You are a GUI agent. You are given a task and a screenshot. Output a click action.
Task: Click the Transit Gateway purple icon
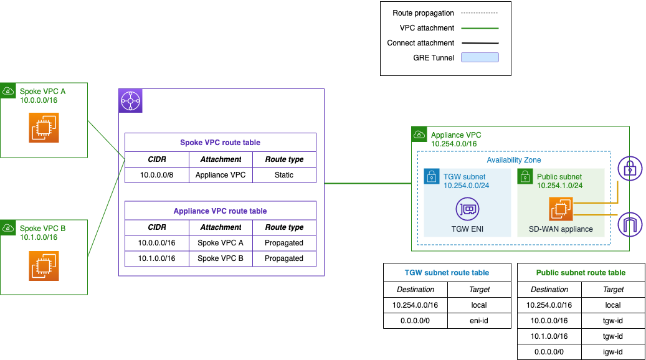[x=131, y=101]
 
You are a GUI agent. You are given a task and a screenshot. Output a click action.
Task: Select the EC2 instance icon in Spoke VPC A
[x=44, y=127]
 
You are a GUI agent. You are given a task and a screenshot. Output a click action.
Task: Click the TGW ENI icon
[x=467, y=209]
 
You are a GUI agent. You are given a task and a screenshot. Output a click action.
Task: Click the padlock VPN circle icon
[x=629, y=169]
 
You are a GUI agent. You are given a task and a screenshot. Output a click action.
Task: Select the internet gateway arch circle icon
[x=629, y=223]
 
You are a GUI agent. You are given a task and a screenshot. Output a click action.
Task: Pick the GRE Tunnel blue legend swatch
[x=480, y=58]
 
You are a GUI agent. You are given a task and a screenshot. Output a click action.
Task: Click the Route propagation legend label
[x=423, y=13]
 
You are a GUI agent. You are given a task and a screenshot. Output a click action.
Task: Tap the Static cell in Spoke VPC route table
[x=284, y=175]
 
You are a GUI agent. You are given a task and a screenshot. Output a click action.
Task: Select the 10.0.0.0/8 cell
[x=157, y=175]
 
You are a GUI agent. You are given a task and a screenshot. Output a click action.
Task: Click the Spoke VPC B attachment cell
[x=221, y=258]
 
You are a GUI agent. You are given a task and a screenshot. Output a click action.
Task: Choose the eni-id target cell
[x=480, y=321]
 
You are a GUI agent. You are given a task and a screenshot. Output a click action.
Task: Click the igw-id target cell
[x=613, y=352]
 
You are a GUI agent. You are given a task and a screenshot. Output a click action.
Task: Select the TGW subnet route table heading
[x=447, y=272]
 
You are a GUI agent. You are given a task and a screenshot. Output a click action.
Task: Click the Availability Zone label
[x=514, y=160]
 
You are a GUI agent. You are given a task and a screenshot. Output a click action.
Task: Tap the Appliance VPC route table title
[x=221, y=211]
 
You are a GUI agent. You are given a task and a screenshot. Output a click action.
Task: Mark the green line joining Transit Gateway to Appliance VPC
[x=368, y=184]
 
